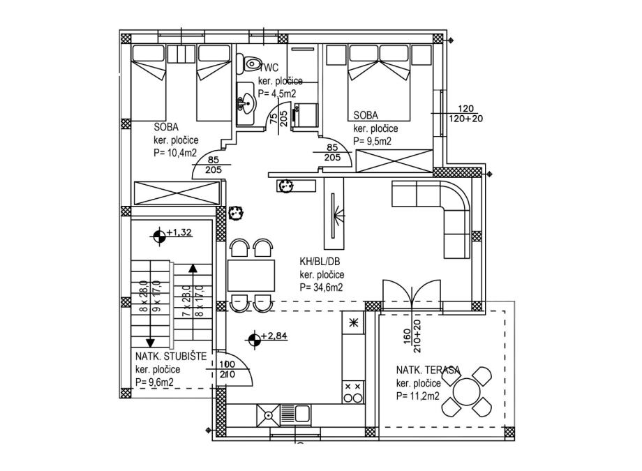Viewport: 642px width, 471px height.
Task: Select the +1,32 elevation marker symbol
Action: [x=160, y=235]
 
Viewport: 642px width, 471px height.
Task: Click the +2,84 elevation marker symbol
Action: [x=255, y=340]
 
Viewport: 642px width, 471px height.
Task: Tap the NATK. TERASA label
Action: [x=428, y=371]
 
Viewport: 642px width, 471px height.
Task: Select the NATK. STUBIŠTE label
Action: [x=171, y=357]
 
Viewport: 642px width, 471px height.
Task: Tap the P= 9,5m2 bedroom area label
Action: [x=373, y=141]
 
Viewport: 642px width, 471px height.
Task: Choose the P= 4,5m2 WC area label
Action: [x=277, y=93]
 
